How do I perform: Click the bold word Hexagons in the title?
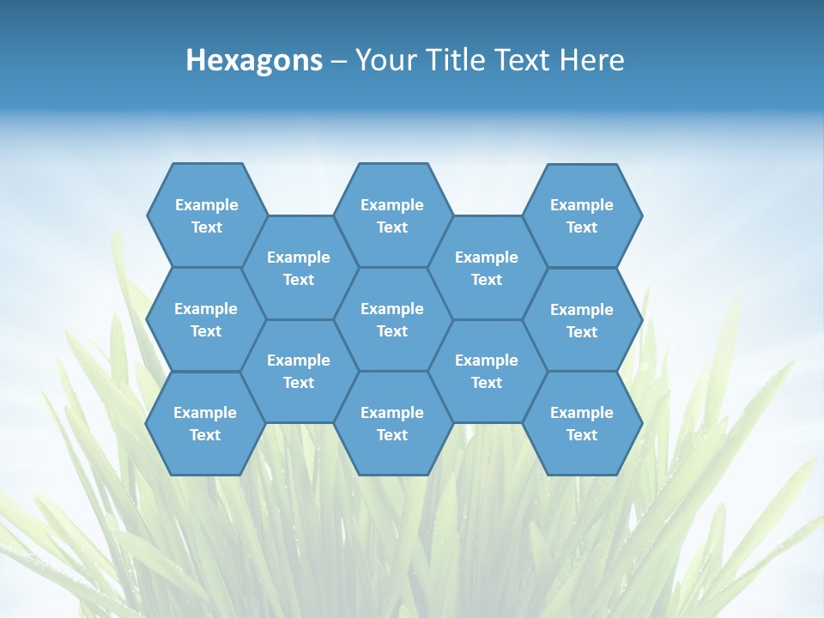(254, 60)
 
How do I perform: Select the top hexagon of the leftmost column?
(206, 215)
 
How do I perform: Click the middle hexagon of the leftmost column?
(206, 319)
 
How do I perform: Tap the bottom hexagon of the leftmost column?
(205, 423)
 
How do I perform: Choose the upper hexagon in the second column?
(299, 268)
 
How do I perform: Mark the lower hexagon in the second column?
(299, 371)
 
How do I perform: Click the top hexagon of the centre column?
(392, 215)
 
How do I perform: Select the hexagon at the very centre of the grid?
(392, 319)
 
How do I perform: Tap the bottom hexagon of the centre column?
(392, 423)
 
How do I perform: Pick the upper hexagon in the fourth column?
(487, 268)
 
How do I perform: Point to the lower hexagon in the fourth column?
(487, 371)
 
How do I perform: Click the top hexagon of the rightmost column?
(582, 215)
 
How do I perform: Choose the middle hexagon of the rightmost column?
(582, 320)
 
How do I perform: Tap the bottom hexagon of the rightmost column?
(582, 423)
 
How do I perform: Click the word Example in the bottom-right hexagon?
(582, 413)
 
